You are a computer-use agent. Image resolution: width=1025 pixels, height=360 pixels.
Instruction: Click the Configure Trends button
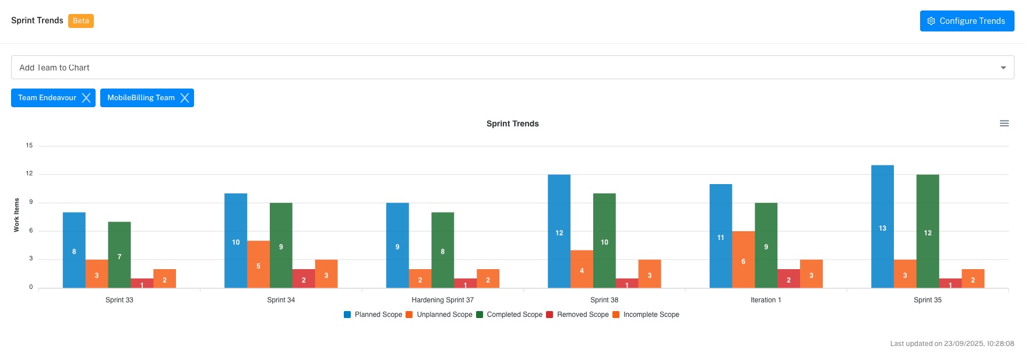click(967, 21)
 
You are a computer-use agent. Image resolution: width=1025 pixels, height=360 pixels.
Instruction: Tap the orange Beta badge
click(81, 21)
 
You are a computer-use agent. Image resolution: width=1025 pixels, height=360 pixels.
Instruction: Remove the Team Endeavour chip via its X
click(86, 98)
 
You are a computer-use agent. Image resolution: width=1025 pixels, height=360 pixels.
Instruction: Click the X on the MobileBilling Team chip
click(185, 98)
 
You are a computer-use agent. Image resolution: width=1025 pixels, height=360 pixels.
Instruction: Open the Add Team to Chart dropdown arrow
click(1003, 68)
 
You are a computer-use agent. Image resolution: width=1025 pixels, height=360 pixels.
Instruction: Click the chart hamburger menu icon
click(1004, 123)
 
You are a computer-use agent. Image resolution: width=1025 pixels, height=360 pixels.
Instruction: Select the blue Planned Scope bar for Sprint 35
click(882, 227)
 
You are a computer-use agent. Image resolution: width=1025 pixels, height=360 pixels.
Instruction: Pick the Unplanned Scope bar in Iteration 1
click(743, 260)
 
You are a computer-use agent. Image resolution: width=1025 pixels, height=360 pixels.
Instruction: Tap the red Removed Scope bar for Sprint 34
click(304, 278)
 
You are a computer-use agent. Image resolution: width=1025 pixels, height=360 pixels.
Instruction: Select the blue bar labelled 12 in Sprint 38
click(559, 232)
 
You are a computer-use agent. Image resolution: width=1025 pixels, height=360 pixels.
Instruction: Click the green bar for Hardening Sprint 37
click(442, 250)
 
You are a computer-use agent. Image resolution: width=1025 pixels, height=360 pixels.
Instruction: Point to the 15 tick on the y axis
click(29, 146)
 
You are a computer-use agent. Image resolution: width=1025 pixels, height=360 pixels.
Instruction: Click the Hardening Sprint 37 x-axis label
click(442, 300)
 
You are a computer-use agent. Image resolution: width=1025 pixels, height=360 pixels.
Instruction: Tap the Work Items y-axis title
click(16, 215)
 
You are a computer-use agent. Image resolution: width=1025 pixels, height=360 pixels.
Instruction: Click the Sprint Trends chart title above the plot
click(512, 123)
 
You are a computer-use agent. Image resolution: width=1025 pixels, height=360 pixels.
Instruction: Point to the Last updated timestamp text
click(952, 344)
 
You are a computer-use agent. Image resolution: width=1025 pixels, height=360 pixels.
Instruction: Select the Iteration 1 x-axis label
click(766, 300)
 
